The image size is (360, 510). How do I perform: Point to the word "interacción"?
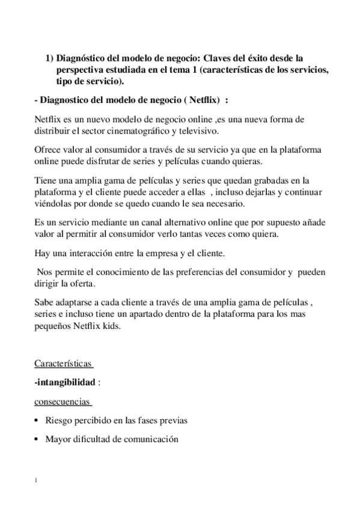coord(94,253)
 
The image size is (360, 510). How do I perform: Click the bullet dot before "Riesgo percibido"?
coord(38,420)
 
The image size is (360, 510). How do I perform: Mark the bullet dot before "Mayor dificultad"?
coord(38,440)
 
